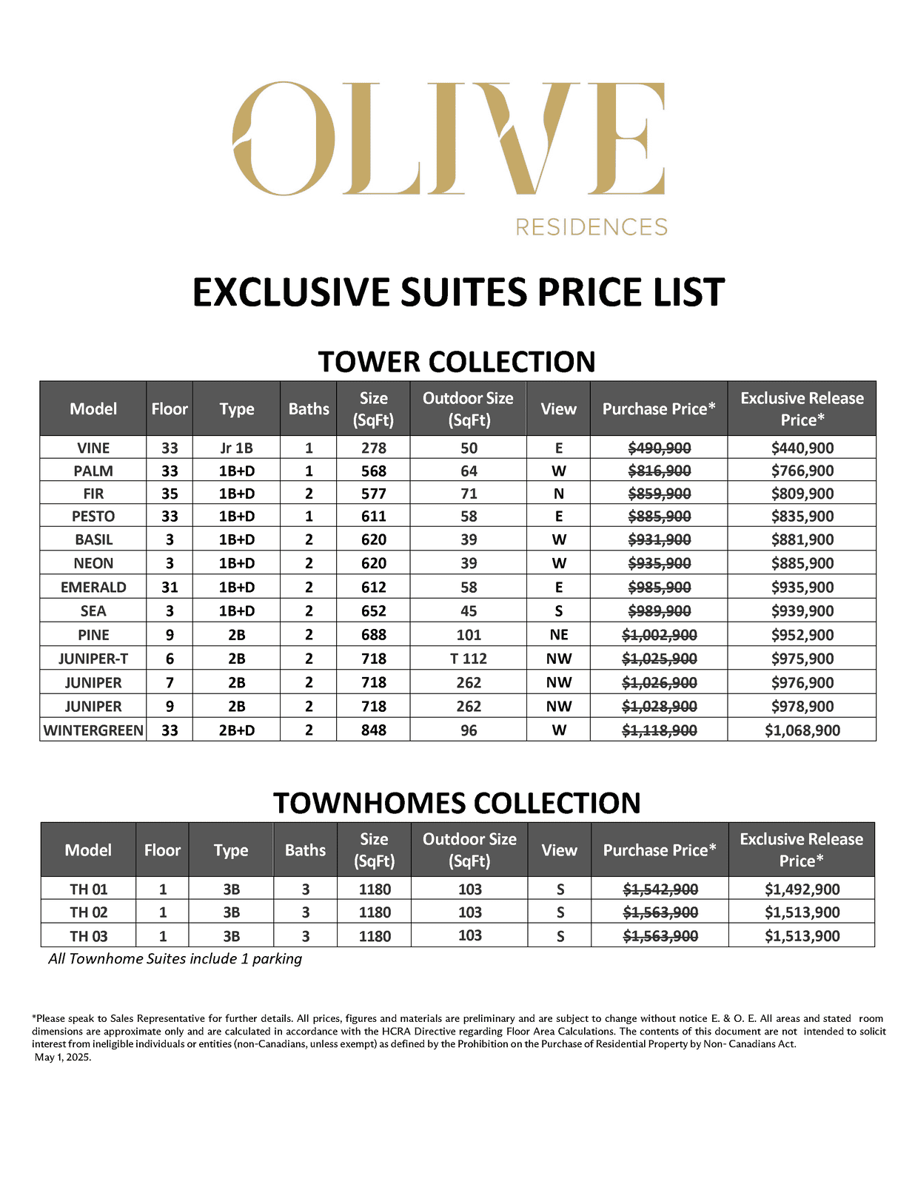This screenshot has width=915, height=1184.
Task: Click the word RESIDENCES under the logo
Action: (x=591, y=227)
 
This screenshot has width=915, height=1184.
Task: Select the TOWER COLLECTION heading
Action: (x=457, y=362)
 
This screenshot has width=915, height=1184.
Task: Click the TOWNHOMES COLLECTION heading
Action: (x=457, y=803)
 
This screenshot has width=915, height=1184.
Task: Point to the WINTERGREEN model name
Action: (x=93, y=730)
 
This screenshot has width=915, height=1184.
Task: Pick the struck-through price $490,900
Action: (x=659, y=448)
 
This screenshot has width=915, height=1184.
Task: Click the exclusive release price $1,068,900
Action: (x=802, y=730)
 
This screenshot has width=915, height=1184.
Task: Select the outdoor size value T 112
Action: (x=469, y=659)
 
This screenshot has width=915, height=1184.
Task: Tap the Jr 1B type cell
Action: (x=236, y=448)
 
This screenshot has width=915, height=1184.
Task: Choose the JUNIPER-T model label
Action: (x=93, y=659)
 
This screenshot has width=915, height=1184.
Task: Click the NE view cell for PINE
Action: (x=558, y=635)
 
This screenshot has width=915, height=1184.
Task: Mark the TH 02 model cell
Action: (x=89, y=912)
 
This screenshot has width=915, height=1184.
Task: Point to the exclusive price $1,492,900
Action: (x=802, y=889)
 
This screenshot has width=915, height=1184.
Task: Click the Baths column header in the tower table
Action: (x=309, y=409)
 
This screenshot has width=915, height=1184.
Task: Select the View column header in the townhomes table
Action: (x=559, y=850)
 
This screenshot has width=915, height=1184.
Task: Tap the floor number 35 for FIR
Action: (x=170, y=494)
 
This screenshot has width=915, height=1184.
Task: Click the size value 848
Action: (x=373, y=730)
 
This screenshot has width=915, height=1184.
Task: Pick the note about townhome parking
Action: (x=175, y=959)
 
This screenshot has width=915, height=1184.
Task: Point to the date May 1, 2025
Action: (x=63, y=1057)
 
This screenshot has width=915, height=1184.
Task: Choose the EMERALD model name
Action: (x=93, y=588)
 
